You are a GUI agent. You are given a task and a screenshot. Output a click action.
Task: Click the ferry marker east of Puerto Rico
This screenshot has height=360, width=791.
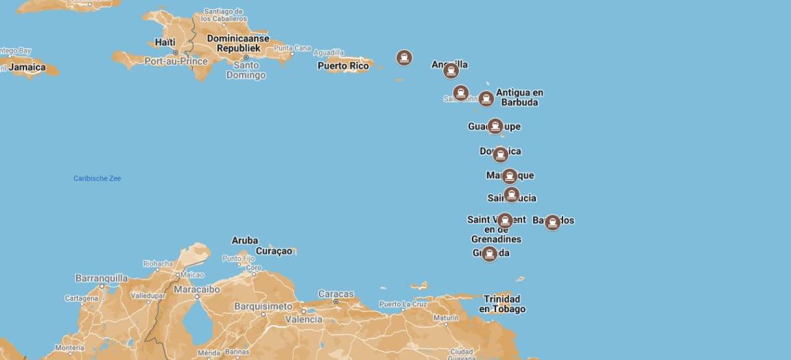(404, 58)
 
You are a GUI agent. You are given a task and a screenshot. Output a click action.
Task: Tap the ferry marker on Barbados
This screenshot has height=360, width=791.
(552, 222)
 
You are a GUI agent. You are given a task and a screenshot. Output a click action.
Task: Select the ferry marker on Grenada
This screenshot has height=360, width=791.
(488, 254)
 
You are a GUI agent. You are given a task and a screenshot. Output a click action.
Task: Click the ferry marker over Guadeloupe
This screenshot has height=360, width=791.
(495, 126)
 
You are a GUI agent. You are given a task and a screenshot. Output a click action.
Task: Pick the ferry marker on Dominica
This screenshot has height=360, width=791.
(500, 154)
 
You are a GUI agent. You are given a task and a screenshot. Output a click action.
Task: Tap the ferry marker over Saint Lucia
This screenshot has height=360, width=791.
(511, 195)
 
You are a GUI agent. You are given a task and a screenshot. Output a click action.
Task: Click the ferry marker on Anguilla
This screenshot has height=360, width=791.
(451, 71)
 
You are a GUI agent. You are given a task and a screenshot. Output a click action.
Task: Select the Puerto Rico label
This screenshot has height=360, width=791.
(343, 66)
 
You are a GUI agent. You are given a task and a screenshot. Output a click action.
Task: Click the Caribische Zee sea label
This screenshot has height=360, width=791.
(97, 178)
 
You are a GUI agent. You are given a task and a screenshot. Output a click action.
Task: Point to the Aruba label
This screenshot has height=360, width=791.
(245, 240)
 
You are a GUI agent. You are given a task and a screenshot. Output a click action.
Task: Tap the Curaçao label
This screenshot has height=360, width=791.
(274, 251)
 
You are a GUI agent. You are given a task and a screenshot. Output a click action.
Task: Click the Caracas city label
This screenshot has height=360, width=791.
(336, 294)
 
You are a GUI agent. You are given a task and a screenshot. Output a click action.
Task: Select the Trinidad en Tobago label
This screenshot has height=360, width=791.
(502, 304)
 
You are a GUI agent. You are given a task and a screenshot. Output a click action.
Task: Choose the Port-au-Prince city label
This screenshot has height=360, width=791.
(176, 61)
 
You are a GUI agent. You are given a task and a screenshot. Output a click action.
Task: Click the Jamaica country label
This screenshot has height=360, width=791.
(27, 67)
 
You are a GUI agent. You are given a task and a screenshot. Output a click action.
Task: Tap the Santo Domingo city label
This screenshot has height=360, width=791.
(246, 70)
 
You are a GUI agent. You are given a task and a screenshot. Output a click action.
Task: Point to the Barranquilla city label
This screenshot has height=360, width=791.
(102, 278)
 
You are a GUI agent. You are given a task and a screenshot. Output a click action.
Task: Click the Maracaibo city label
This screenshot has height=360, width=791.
(196, 289)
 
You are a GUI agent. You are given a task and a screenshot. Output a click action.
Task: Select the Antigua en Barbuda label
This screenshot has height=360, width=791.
(519, 97)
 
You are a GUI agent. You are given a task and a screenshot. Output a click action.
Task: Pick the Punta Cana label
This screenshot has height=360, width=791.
(292, 48)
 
